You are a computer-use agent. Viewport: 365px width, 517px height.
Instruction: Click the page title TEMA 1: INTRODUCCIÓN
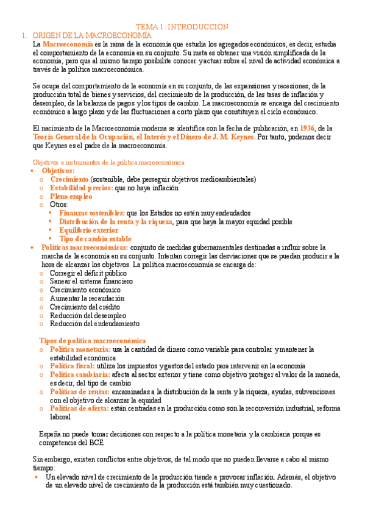coord(182,27)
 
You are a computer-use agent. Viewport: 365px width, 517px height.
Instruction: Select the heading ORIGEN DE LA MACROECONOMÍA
coord(91,36)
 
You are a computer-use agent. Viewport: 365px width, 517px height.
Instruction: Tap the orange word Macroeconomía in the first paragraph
coord(68,45)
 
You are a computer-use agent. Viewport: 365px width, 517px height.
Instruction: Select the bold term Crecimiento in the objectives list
coord(69,179)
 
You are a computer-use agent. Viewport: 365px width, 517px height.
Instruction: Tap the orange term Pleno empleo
coord(71,196)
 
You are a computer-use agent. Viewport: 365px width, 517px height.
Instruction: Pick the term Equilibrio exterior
coord(89,230)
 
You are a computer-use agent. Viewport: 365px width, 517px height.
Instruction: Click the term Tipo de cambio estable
coord(95,239)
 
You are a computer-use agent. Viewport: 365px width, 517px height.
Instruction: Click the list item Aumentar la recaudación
coord(87,299)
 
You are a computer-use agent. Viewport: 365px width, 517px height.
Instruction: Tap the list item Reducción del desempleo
coord(88,315)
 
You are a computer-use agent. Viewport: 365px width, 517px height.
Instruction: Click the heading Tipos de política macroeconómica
coord(93,340)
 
